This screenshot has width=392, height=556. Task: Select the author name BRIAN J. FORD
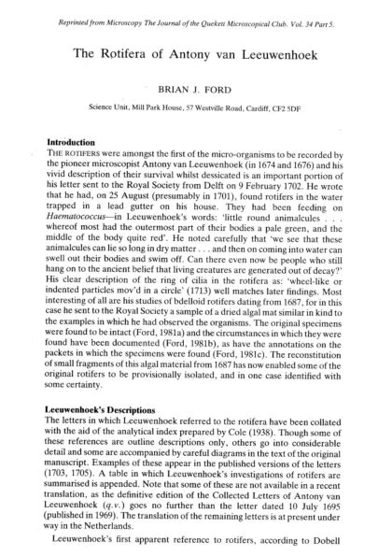[x=196, y=94]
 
